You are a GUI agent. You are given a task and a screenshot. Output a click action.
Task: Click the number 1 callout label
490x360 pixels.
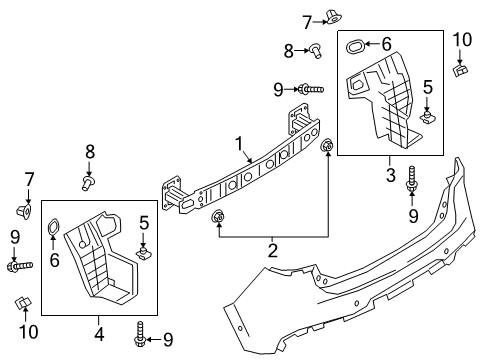point(239,144)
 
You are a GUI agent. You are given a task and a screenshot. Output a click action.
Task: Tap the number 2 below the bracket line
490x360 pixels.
point(273,251)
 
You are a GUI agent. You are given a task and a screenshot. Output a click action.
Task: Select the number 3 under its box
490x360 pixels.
point(391,175)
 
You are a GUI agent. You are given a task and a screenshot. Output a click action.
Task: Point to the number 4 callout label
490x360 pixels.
point(99,334)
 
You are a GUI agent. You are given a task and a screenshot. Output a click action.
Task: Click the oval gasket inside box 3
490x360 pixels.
point(355,47)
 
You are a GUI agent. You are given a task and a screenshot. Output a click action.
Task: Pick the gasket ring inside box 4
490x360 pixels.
point(53,227)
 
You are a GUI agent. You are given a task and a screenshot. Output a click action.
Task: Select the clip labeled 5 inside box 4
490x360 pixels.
point(143,253)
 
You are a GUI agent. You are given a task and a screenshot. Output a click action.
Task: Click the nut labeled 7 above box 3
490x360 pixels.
point(333,17)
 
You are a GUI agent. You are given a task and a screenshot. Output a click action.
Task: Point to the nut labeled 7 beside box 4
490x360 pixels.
point(24,212)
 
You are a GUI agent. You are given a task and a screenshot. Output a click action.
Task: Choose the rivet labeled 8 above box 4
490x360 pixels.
point(88,184)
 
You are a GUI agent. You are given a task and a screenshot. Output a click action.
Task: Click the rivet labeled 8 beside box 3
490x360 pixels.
point(316,51)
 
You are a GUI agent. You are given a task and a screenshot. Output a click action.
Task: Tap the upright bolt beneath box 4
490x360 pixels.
point(140,334)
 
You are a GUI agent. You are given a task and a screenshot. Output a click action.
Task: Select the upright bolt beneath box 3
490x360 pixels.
point(411,179)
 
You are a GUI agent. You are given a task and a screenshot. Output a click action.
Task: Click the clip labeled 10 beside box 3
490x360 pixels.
point(461,70)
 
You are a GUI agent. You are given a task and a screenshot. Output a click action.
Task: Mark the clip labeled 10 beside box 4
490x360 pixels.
point(23,302)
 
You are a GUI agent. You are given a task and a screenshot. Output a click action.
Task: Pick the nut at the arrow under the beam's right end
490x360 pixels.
point(327,145)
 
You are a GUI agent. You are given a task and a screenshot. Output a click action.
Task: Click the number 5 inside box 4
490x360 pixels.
point(144,223)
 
